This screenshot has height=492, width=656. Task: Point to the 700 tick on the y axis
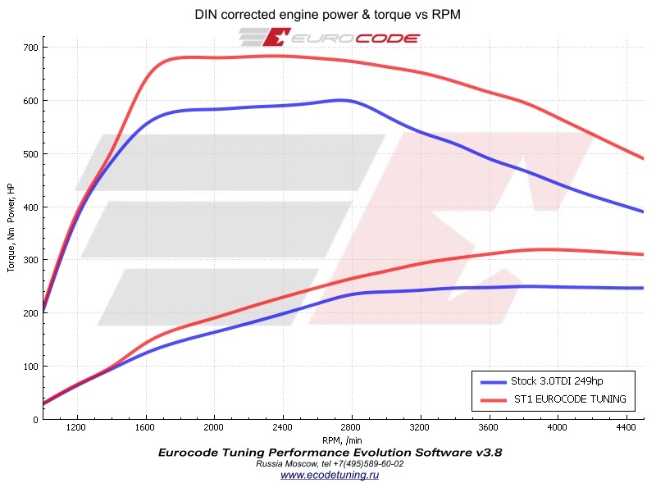tap(30, 48)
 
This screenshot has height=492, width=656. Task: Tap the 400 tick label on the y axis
tap(30, 207)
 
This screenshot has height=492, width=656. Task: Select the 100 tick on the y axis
tap(30, 366)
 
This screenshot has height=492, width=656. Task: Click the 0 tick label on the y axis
tap(35, 419)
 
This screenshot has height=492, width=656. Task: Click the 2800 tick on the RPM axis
tap(351, 428)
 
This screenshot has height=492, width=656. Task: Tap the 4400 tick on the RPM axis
tap(626, 428)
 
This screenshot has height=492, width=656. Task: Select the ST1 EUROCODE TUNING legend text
tap(570, 399)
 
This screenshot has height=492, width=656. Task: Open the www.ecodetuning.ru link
tap(330, 475)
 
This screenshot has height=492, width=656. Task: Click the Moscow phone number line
tap(330, 463)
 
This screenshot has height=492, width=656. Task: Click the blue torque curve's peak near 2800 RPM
tap(343, 100)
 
